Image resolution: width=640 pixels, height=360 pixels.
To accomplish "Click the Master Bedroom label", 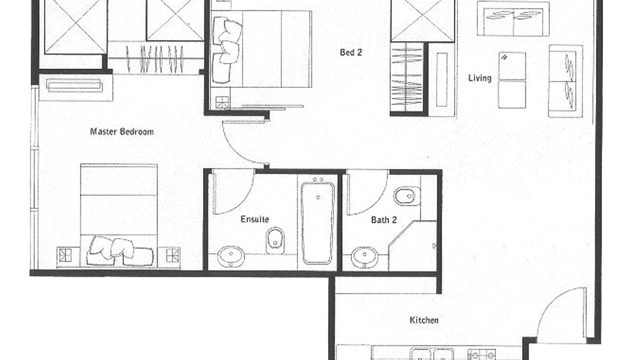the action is point(121,131).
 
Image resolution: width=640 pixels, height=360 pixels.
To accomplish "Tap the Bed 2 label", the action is point(351,52).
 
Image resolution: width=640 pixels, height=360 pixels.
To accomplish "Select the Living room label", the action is point(479,78).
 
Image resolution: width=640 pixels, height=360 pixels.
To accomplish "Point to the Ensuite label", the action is point(254,219).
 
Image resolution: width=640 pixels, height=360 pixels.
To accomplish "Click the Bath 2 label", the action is point(383,219).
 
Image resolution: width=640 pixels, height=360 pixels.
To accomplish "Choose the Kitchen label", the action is point(424,320).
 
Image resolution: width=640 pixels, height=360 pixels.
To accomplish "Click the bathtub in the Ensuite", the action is point(317,223).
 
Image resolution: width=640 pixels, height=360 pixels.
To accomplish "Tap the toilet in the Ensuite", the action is point(275,240).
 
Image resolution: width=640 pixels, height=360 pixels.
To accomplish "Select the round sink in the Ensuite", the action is point(231,256).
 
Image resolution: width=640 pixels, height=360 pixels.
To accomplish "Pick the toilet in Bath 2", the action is point(407,196).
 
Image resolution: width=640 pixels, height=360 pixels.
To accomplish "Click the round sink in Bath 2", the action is point(364,257).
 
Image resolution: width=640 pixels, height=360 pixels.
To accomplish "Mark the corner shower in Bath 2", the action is point(412,245).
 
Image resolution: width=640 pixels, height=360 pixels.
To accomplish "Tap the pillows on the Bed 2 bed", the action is point(227,50).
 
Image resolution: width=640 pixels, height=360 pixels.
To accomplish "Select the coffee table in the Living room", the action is point(512,80).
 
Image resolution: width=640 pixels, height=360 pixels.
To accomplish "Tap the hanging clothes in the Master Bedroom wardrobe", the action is point(155,59).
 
